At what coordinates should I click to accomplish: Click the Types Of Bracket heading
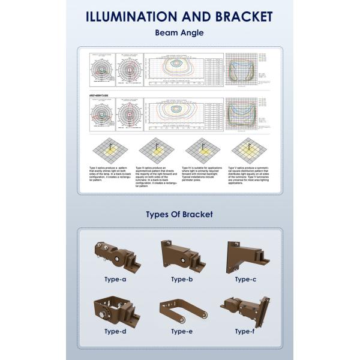point(179,214)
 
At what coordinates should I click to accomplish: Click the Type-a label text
point(115,279)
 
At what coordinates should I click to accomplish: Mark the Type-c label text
point(245,279)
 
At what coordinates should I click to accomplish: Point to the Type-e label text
point(181,331)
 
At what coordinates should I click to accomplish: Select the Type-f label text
point(245,331)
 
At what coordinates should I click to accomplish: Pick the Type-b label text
point(181,279)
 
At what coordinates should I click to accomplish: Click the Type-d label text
point(115,331)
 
